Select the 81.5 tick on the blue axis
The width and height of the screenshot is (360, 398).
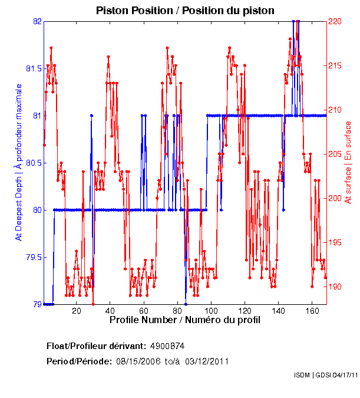[x=33, y=68]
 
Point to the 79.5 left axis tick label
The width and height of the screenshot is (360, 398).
[x=33, y=257]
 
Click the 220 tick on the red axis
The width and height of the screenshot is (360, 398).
[x=335, y=21]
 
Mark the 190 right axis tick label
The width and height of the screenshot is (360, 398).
[x=335, y=287]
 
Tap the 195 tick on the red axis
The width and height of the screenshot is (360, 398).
[x=335, y=242]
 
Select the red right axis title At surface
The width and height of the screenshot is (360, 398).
[x=348, y=162]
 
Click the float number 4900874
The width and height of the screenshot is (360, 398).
[x=168, y=346]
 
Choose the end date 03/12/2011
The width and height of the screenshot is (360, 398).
[x=207, y=361]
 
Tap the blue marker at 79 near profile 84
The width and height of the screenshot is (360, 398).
[x=186, y=304]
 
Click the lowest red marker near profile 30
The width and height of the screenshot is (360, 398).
[x=93, y=304]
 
